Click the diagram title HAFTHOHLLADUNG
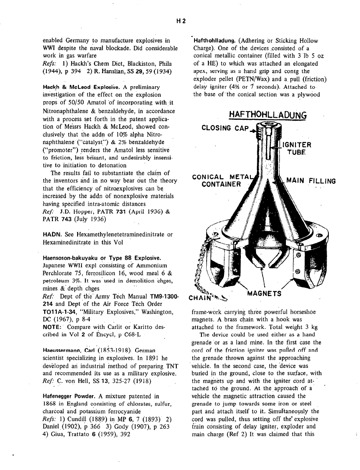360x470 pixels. (263, 115)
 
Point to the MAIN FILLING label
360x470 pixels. (311, 181)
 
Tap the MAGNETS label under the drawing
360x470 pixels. (264, 293)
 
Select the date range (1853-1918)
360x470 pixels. (114, 350)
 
